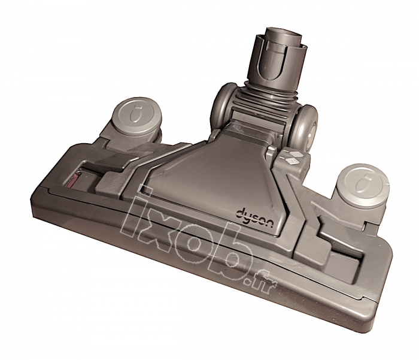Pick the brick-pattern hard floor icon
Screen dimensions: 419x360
click(x=289, y=161)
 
